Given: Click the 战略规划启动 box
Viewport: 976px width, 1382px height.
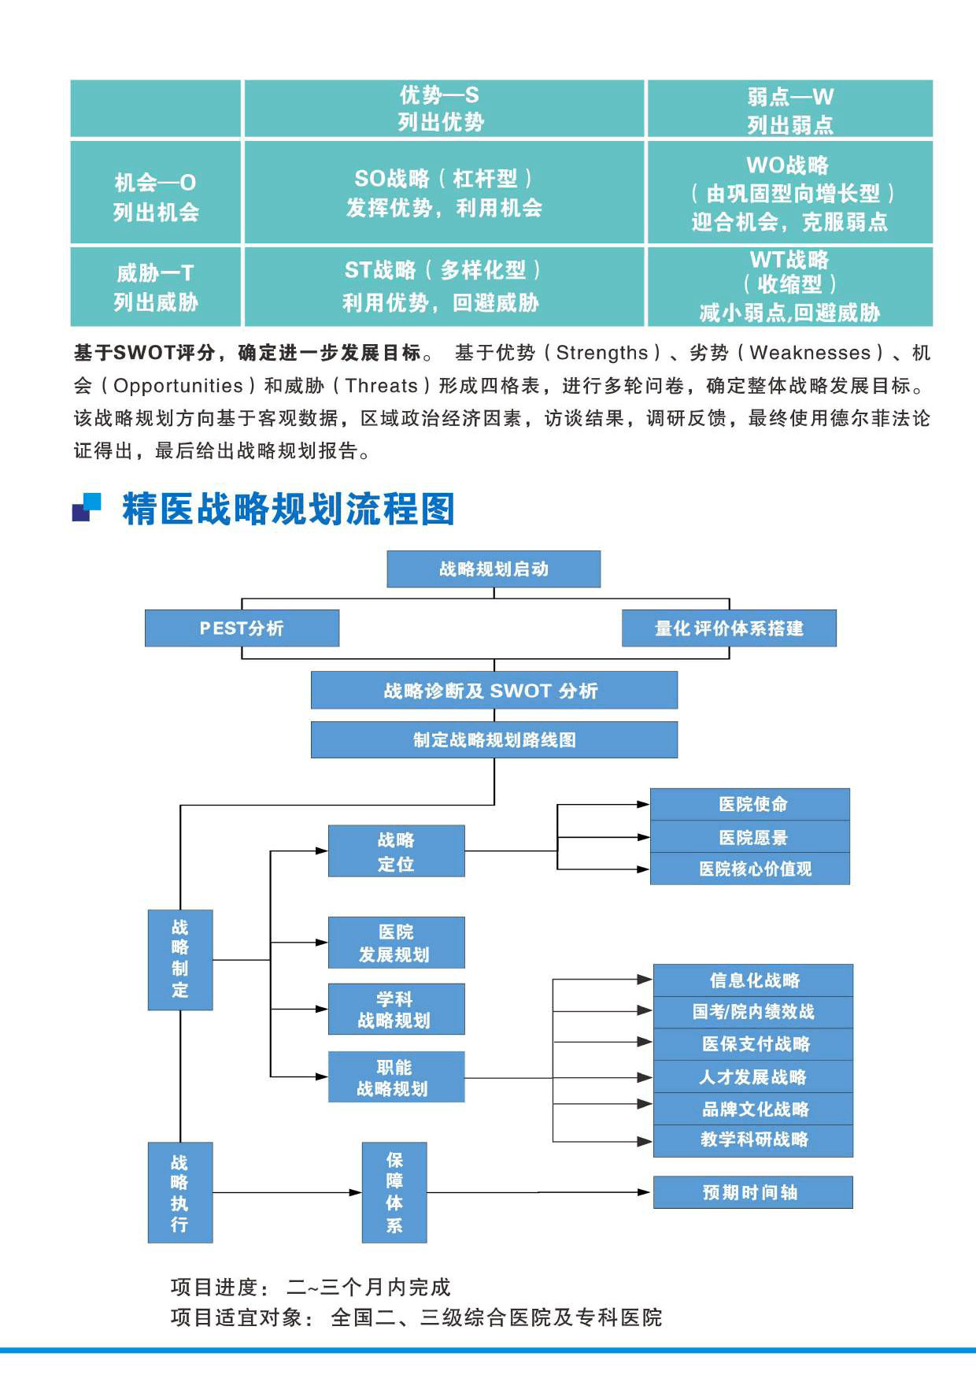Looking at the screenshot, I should click(x=494, y=569).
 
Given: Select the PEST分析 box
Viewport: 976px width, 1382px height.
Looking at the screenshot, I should click(x=242, y=628).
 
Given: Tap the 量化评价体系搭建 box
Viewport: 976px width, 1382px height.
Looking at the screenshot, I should click(x=729, y=628).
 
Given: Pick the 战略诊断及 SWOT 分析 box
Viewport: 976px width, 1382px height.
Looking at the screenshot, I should click(x=494, y=691).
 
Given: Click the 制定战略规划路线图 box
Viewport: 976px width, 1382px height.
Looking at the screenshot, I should click(x=494, y=739).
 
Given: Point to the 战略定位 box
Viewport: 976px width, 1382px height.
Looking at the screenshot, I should click(x=396, y=851).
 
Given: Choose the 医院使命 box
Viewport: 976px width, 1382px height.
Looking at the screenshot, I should click(x=750, y=804).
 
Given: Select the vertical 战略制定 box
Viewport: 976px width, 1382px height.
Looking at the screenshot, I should click(x=180, y=959).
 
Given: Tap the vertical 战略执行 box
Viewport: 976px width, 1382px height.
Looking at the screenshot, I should click(x=180, y=1192).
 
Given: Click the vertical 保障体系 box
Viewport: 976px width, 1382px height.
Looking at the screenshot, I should click(x=394, y=1192).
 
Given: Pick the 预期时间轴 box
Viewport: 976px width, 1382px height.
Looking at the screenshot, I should click(x=752, y=1192).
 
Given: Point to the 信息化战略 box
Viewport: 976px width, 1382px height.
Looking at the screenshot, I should click(x=753, y=980).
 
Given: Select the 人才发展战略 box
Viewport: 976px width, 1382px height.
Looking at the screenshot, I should click(x=753, y=1076).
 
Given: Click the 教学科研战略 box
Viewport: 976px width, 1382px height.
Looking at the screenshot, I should click(x=753, y=1139).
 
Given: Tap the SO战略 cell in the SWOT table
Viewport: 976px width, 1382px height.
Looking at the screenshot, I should click(x=444, y=192).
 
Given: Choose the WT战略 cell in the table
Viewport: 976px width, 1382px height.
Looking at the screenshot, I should click(x=789, y=287).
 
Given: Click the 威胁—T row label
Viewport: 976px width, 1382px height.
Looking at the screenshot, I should click(x=155, y=287).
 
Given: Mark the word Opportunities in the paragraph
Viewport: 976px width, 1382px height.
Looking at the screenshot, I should click(x=179, y=386).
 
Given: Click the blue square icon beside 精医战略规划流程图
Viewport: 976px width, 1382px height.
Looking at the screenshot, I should click(x=87, y=508).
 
